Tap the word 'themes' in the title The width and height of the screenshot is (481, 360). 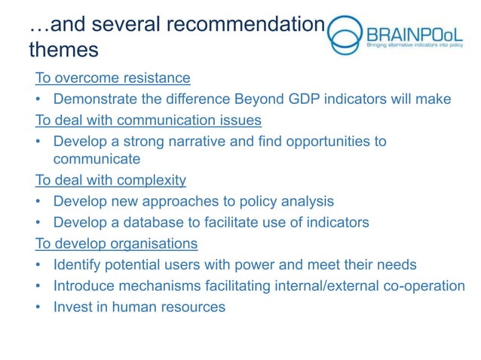[x=63, y=50]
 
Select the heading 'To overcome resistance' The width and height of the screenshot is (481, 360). [x=112, y=78]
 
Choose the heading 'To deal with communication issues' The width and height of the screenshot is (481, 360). [x=149, y=120]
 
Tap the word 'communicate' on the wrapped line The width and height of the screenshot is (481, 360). [x=97, y=159]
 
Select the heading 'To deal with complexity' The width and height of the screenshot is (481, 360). [x=111, y=181]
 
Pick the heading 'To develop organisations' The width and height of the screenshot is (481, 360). [x=117, y=243]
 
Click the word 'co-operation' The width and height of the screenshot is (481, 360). [x=422, y=285]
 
